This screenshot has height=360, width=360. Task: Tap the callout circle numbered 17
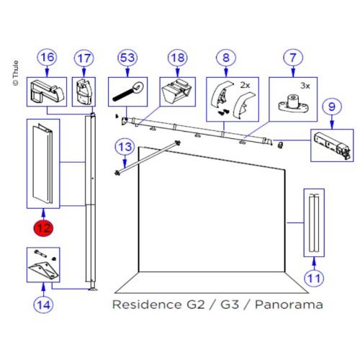[x=84, y=58]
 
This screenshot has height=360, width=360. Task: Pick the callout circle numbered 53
[x=128, y=58]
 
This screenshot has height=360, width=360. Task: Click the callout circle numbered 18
[x=177, y=58]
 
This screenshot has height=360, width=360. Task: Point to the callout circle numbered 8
[x=228, y=58]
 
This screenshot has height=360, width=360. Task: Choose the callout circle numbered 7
[x=292, y=58]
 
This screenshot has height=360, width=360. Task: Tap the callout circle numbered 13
[x=125, y=148]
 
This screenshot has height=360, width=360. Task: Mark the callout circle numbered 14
[x=44, y=305]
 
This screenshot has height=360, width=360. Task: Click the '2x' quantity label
[x=245, y=85]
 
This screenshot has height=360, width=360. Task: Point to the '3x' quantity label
[x=305, y=85]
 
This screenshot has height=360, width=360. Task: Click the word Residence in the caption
[x=144, y=305]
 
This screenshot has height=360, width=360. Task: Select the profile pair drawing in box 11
[x=315, y=222]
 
